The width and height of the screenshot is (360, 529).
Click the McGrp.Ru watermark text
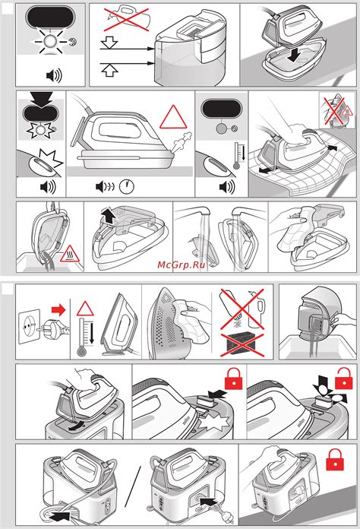coord(182,264)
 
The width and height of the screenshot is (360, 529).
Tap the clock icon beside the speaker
coord(127,186)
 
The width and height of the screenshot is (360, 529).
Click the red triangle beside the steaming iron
coord(173,117)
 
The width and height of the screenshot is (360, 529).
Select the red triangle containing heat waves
coord(70,255)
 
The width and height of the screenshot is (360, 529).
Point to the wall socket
coord(29,326)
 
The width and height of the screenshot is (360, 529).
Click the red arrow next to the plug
coord(58,309)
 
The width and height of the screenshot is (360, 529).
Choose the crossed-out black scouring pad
coord(242,344)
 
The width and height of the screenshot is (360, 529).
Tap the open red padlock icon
coord(343,379)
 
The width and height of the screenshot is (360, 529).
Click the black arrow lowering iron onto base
coord(294,55)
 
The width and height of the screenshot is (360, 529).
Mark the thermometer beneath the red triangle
coord(81,336)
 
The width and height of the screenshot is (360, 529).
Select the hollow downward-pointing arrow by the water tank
coord(109,43)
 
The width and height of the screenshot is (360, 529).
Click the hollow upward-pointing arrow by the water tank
coord(109,70)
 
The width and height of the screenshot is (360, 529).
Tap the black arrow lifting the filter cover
coord(109,215)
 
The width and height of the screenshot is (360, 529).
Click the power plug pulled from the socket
coord(53,327)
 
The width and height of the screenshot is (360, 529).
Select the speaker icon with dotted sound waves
coord(105,186)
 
